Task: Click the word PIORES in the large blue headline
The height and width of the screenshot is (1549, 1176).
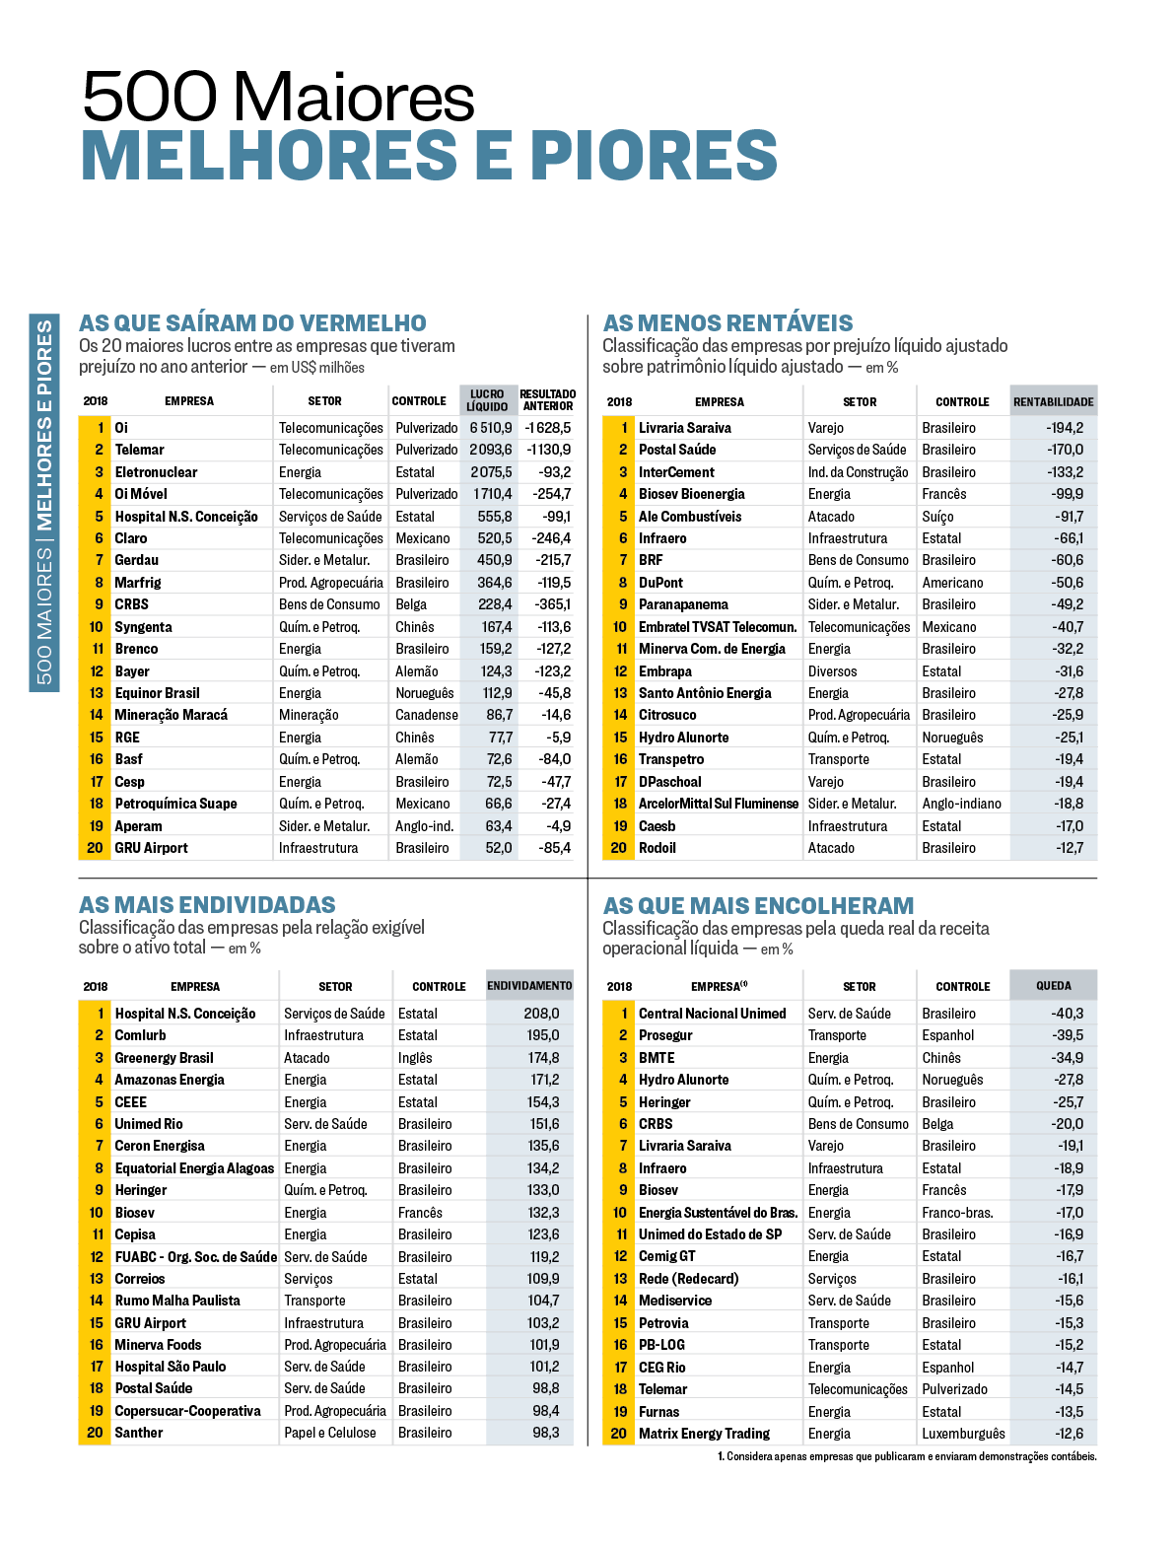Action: point(655,156)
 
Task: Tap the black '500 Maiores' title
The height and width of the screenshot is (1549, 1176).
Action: point(278,97)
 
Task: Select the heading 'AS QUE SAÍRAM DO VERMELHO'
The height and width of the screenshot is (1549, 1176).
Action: point(252,323)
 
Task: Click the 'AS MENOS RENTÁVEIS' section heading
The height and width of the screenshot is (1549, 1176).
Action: point(727,323)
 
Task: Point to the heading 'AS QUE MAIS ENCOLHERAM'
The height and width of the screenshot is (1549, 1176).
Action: point(758,905)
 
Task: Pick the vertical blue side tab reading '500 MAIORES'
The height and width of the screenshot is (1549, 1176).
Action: point(44,503)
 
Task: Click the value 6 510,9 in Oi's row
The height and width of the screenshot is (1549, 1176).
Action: point(490,428)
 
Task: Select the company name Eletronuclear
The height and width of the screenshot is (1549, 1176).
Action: point(156,472)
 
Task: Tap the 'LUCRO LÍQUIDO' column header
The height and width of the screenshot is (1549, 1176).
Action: point(487,400)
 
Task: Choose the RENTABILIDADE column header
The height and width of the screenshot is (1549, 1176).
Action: point(1053,401)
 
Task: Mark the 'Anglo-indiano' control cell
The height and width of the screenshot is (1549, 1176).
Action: point(961,804)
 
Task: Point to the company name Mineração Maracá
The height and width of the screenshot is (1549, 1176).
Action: point(171,715)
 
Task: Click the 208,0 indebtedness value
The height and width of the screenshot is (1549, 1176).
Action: point(541,1014)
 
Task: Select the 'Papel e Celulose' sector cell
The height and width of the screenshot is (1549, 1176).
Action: point(330,1433)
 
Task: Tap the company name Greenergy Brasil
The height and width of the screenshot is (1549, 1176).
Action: point(164,1058)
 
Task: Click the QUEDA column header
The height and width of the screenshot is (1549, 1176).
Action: point(1053,986)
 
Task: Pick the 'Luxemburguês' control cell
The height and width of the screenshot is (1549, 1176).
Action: point(963,1434)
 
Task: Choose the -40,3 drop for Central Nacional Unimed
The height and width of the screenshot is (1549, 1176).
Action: point(1067,1014)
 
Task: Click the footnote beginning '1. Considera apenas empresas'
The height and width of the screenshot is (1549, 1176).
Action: point(906,1456)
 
